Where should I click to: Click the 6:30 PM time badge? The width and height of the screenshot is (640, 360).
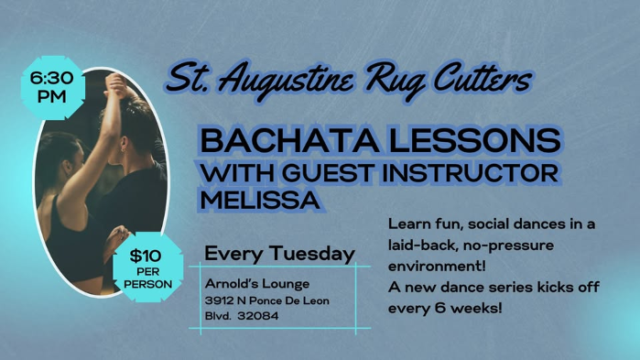click(x=52, y=88)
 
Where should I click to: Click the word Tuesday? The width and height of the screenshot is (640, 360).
click(x=315, y=253)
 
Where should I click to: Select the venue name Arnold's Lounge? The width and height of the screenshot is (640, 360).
click(x=257, y=283)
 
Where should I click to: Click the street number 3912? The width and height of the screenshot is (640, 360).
click(x=218, y=300)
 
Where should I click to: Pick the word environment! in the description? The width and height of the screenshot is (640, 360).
click(x=437, y=266)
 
